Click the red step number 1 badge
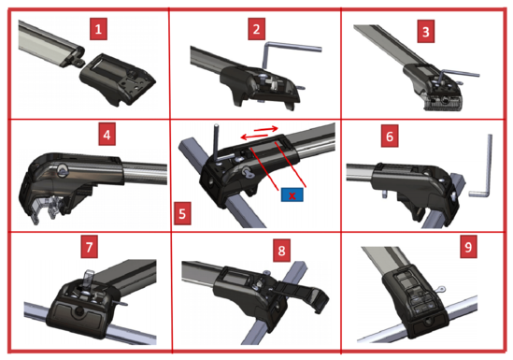click(x=98, y=30)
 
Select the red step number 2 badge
click(x=256, y=29)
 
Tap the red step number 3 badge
click(x=426, y=32)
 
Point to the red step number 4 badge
click(x=107, y=135)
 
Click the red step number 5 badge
click(x=182, y=213)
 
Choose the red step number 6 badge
click(x=390, y=137)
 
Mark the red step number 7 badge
click(x=90, y=247)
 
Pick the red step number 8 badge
click(x=281, y=251)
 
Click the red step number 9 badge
click(x=468, y=247)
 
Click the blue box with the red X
click(x=292, y=195)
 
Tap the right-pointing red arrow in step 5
click(x=266, y=129)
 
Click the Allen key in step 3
click(x=458, y=73)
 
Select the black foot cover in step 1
click(x=118, y=79)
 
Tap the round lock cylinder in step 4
click(x=61, y=170)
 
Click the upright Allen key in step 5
click(x=216, y=141)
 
